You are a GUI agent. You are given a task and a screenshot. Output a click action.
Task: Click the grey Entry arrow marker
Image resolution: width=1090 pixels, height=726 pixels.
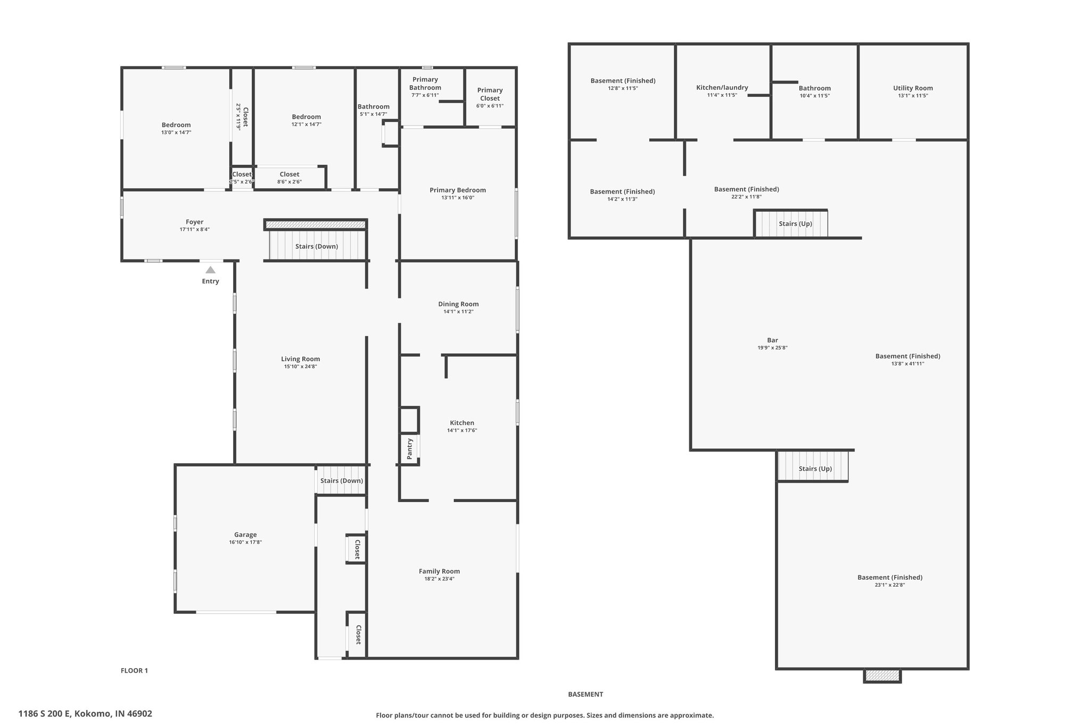pos(211,270)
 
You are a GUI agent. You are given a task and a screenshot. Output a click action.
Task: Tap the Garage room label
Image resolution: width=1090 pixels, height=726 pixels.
pos(245,535)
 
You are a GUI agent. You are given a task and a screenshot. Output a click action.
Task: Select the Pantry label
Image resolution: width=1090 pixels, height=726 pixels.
pos(410,449)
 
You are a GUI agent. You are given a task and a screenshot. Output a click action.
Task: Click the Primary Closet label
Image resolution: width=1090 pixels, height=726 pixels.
pos(490,94)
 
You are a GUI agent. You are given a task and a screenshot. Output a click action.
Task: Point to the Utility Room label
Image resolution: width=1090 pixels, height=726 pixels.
pos(913,88)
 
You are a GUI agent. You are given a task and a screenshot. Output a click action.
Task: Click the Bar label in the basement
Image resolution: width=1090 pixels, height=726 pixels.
pos(772,340)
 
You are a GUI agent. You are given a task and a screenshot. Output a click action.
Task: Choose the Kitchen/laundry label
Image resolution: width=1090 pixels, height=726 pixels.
pos(722,88)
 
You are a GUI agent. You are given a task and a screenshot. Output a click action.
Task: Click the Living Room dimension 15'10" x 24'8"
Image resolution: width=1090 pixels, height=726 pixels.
pos(301,366)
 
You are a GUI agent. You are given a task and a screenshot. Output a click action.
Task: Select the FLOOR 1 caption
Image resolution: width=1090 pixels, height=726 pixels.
pos(134,671)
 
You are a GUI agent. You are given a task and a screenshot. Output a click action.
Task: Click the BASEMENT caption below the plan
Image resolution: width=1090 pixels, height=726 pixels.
pos(585,694)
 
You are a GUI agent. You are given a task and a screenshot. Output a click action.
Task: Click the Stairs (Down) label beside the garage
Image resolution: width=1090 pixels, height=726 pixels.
pos(342,481)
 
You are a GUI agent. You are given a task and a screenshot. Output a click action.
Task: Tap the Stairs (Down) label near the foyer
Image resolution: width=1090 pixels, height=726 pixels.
pos(317,247)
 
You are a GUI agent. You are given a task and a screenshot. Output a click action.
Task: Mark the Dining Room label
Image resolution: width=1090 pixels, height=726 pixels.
pos(458,304)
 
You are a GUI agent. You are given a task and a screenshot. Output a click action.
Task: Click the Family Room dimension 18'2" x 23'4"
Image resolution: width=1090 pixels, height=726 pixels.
pos(439,579)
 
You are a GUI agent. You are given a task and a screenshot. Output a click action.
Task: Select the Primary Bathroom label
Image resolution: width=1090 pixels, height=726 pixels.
pos(425,84)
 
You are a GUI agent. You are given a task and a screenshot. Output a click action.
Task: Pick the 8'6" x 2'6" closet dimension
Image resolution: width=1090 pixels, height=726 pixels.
pos(290,181)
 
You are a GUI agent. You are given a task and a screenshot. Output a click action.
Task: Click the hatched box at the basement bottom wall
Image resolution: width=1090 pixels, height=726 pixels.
pos(882,675)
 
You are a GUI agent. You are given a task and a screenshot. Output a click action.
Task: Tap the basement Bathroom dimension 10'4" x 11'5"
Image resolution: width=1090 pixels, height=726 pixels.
pos(815,96)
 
